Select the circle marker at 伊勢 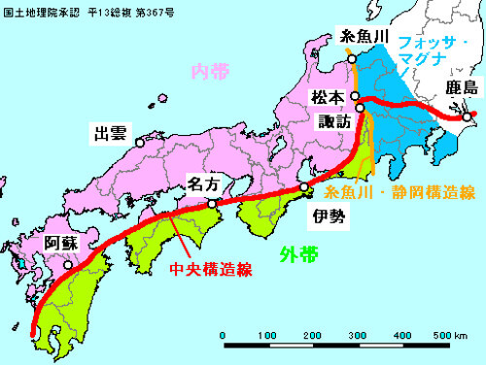click(x=304, y=187)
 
